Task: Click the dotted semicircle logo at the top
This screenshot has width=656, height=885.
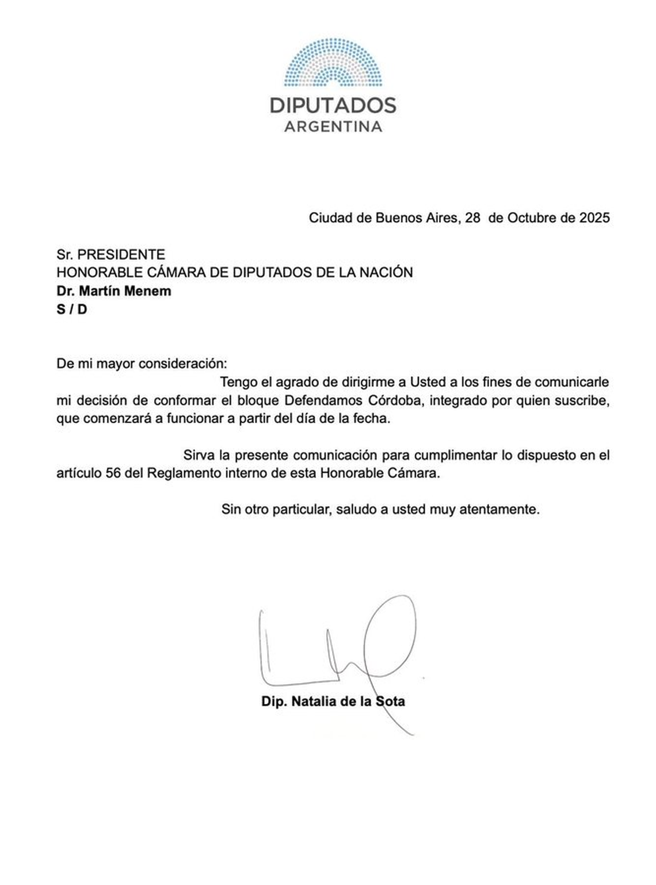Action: pyautogui.click(x=333, y=62)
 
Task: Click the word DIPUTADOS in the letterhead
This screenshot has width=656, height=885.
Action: pyautogui.click(x=333, y=105)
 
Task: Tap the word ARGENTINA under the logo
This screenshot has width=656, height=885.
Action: pyautogui.click(x=333, y=127)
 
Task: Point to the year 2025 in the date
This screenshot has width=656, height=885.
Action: pyautogui.click(x=594, y=218)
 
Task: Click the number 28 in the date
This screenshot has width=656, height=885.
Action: pyautogui.click(x=472, y=218)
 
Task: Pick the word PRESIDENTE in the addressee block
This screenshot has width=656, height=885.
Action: pyautogui.click(x=121, y=254)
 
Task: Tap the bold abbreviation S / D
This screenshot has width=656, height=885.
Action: pyautogui.click(x=72, y=310)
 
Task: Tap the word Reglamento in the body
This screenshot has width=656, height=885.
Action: pyautogui.click(x=184, y=474)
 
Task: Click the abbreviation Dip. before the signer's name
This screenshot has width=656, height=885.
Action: pyautogui.click(x=274, y=701)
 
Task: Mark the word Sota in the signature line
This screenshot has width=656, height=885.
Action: pyautogui.click(x=390, y=701)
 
